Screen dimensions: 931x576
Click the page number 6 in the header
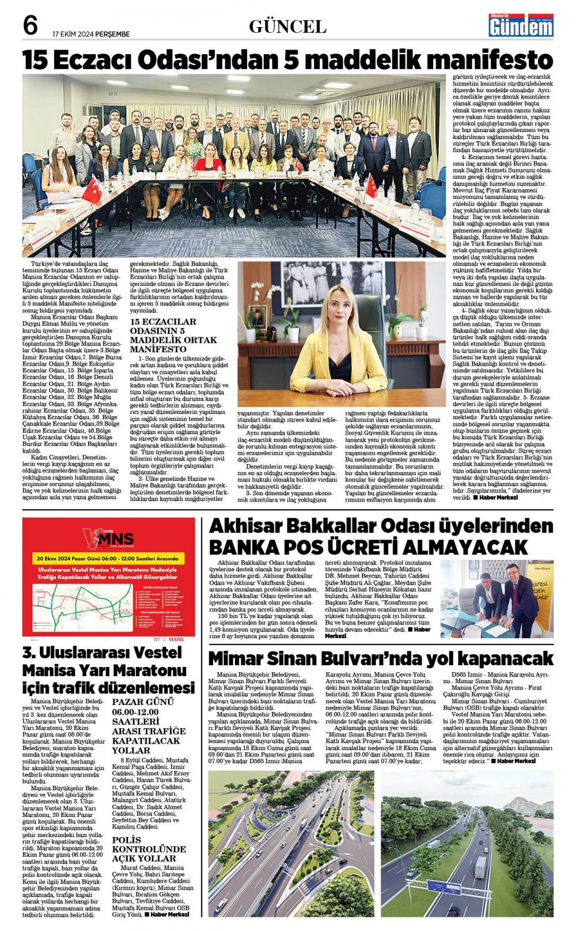click(30, 26)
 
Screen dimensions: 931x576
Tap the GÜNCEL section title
click(287, 27)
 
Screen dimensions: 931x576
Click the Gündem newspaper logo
click(521, 25)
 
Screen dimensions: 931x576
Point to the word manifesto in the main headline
click(485, 60)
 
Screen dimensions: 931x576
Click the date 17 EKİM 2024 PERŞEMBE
click(90, 34)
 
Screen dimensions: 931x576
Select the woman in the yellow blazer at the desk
click(339, 346)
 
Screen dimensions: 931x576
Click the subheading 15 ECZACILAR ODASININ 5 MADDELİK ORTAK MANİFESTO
click(173, 335)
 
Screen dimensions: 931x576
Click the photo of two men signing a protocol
click(497, 598)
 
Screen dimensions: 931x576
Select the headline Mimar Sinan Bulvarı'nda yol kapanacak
click(380, 658)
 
